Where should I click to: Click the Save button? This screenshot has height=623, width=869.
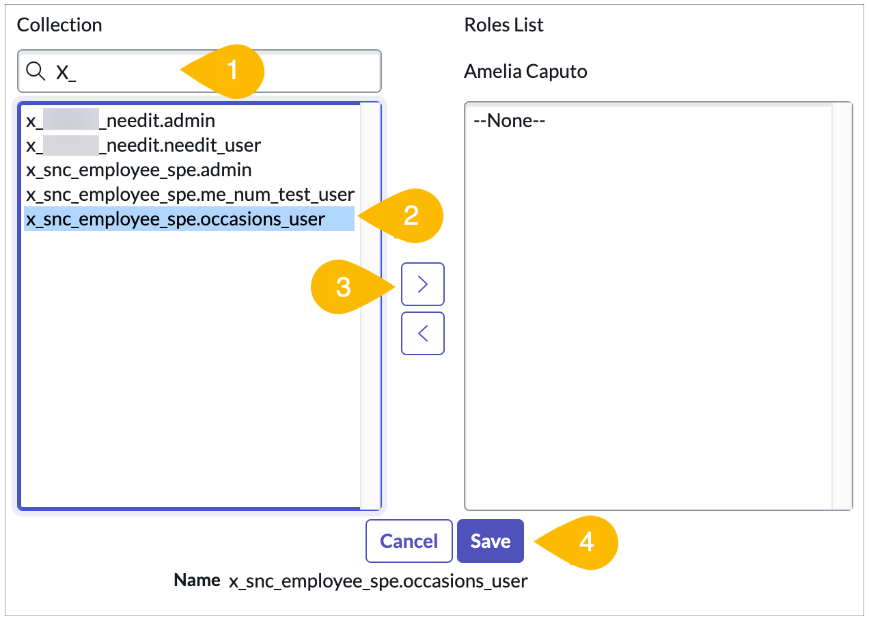point(490,541)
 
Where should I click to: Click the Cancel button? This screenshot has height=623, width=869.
point(409,541)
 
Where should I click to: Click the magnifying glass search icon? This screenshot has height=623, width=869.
point(35,70)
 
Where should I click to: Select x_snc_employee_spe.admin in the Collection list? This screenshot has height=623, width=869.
point(139,169)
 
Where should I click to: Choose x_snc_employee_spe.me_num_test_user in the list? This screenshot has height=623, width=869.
point(189,194)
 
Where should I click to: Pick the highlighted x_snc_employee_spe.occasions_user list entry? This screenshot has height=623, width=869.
point(176,219)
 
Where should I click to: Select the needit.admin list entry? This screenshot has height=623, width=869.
point(121,121)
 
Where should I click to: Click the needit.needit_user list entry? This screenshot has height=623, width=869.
point(143,145)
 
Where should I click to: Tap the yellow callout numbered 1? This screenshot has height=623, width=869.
point(229,70)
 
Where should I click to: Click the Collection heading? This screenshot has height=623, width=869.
point(59,25)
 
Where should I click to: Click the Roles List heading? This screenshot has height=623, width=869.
point(504,25)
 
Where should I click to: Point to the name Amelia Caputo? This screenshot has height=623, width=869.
point(525,71)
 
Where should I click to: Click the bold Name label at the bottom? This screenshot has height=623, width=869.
point(197,581)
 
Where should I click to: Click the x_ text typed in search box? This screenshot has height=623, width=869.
point(66,72)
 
